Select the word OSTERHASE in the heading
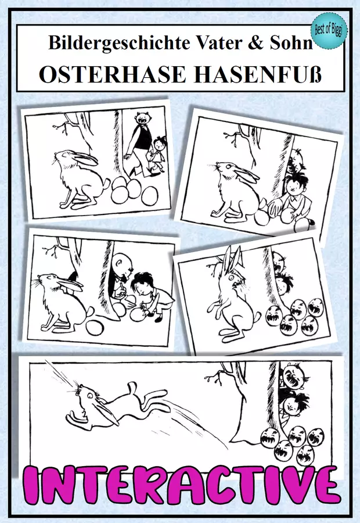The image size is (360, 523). [112, 74]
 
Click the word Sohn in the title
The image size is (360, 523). [291, 42]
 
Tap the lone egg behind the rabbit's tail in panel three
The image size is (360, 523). [95, 326]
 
